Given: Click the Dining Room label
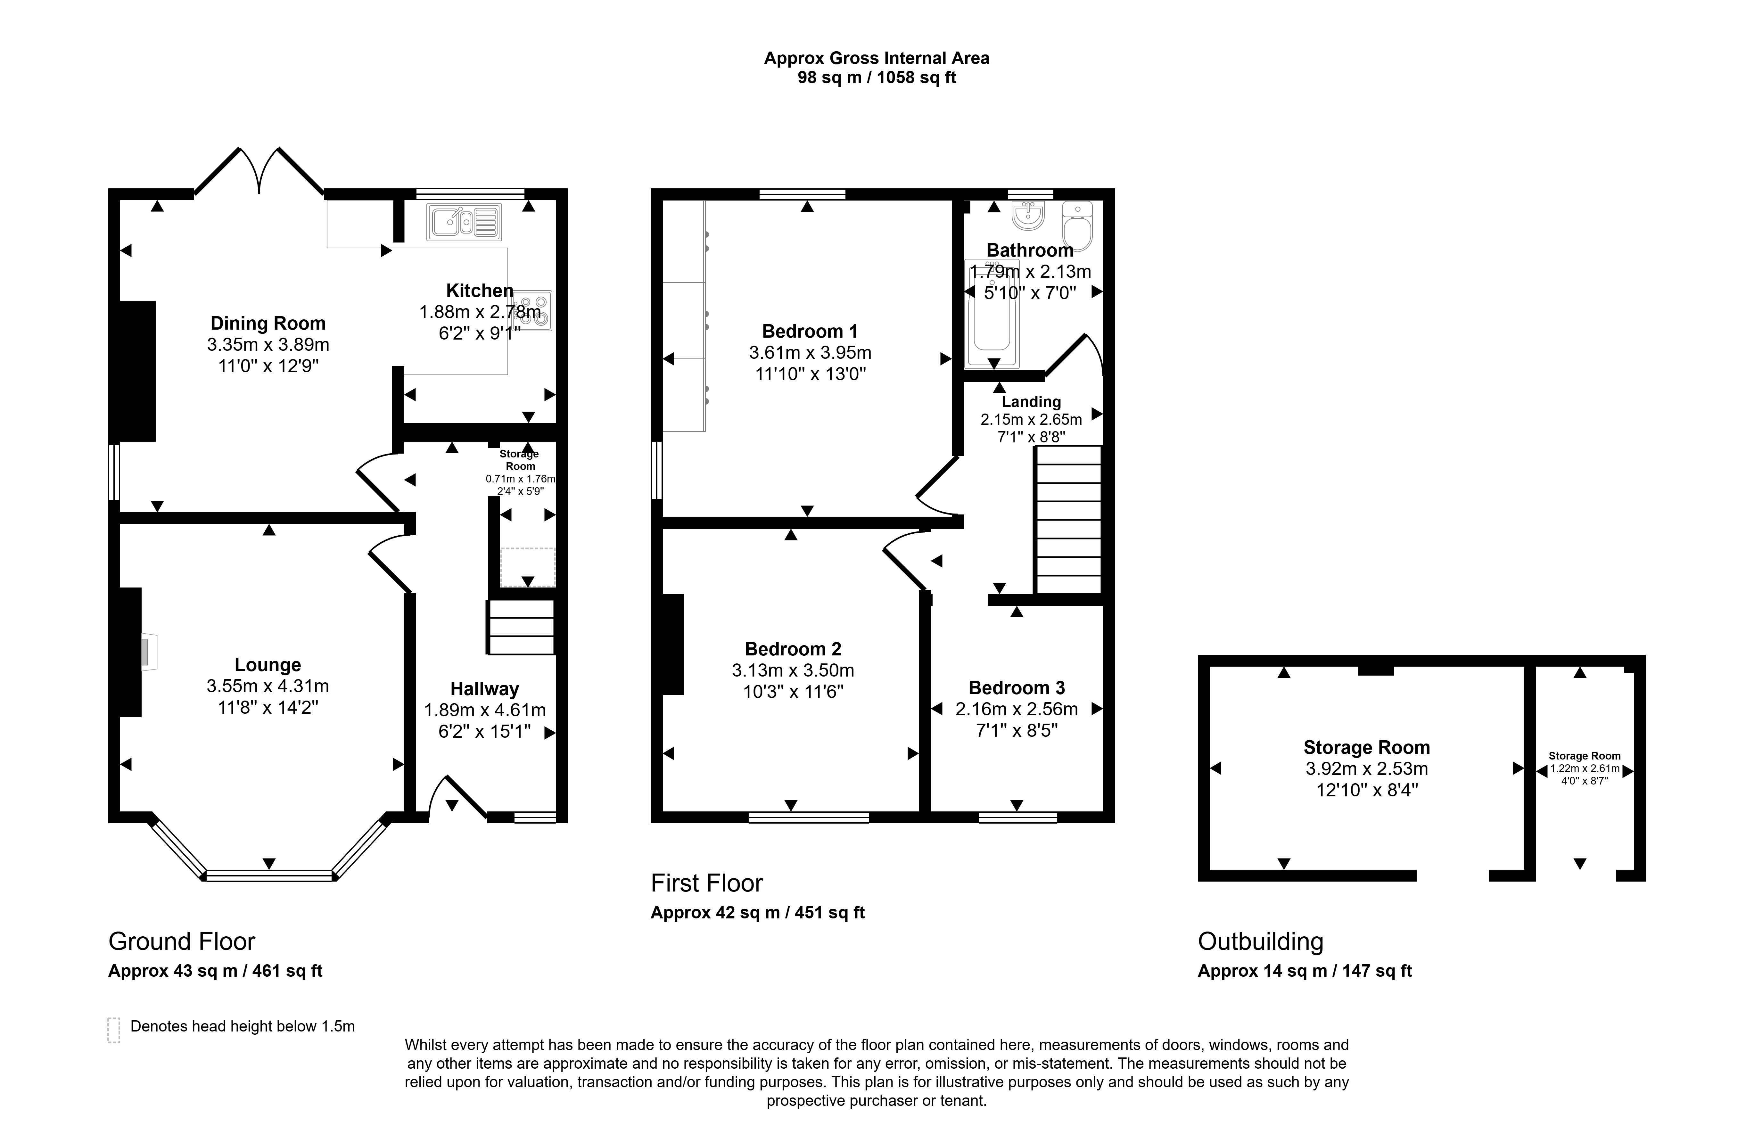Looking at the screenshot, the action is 268,323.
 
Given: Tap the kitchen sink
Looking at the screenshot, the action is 464,222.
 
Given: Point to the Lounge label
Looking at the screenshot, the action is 268,665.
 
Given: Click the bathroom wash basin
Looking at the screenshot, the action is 1028,215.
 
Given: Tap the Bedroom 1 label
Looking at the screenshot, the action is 810,331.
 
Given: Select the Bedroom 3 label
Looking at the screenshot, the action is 1017,688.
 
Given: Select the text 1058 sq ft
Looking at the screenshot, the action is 917,77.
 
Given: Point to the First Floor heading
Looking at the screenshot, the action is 707,883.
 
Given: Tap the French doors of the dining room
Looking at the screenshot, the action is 259,172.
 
